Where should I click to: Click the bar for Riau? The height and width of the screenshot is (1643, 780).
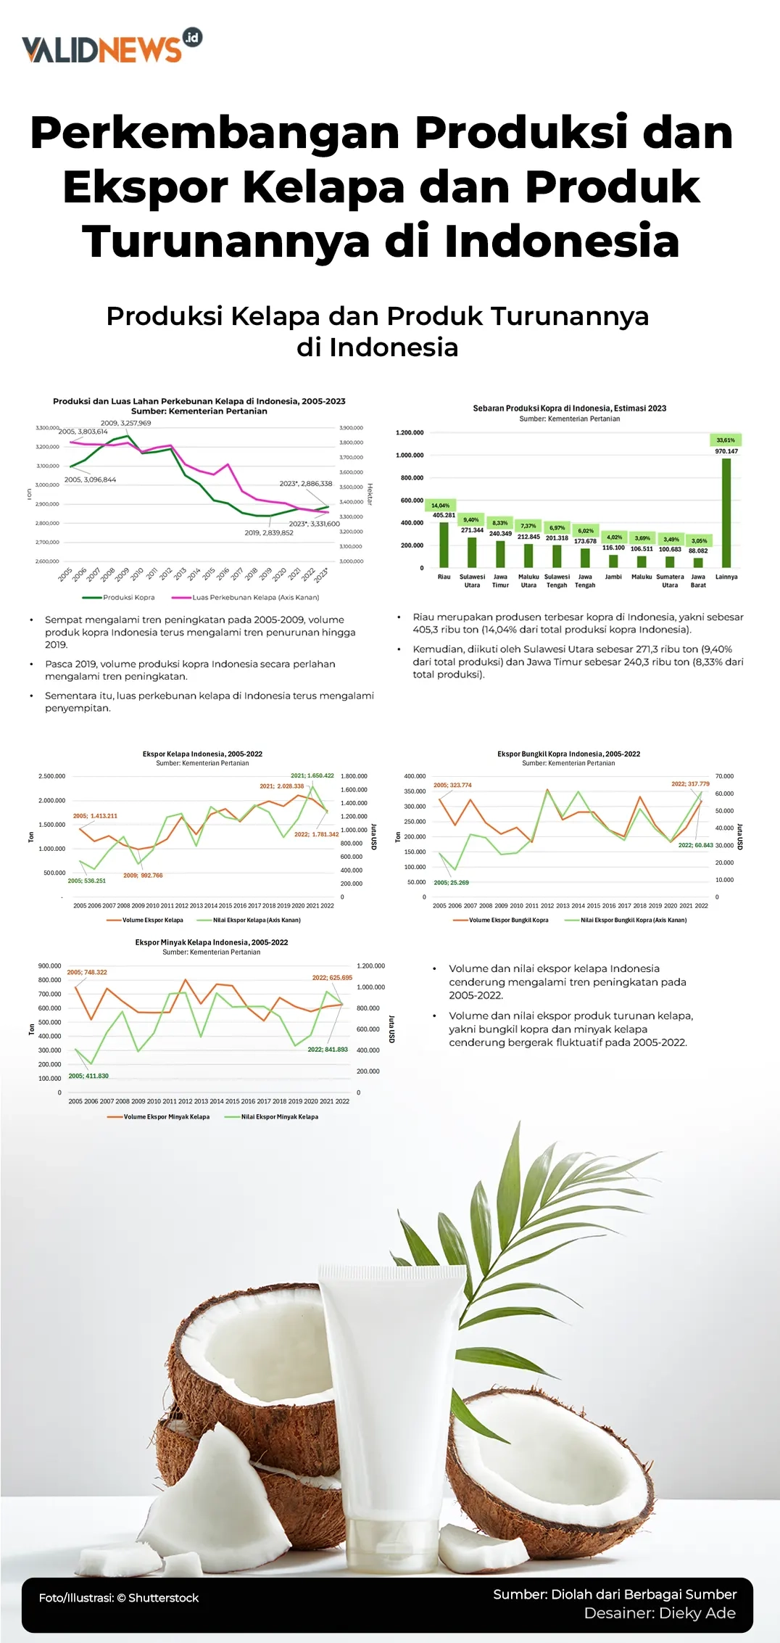[444, 544]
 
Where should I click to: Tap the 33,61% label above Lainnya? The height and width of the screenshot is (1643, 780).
[726, 440]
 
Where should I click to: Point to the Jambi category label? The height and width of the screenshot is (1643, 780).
[613, 577]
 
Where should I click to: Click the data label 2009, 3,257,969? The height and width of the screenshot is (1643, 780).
[126, 423]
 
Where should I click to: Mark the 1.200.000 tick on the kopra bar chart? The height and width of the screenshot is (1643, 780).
[410, 433]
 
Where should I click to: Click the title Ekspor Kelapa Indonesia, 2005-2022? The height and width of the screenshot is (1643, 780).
[202, 754]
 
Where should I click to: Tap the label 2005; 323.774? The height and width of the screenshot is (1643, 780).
[452, 785]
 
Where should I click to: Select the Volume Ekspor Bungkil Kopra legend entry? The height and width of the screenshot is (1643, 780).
[508, 920]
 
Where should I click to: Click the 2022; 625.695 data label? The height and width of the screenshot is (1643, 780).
[332, 977]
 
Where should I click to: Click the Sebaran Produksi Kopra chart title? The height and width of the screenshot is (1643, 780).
[569, 408]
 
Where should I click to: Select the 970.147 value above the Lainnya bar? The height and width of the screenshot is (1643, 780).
[726, 451]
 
